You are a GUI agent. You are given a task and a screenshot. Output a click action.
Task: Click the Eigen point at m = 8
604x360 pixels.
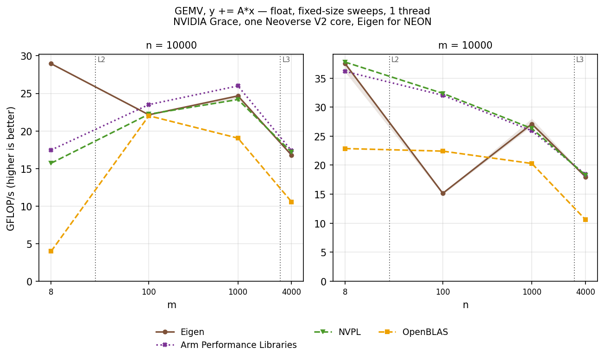(x=51, y=63)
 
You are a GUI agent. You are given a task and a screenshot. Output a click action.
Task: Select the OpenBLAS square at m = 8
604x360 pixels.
(x=51, y=251)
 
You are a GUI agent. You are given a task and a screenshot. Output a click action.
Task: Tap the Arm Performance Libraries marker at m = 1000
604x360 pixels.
(x=238, y=86)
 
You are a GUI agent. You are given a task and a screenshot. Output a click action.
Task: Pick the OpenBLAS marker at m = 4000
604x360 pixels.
(x=291, y=202)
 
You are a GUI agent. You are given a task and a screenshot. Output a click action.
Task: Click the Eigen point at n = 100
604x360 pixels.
(x=443, y=193)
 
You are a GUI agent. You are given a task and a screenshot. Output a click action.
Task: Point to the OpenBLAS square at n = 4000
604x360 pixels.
(x=585, y=220)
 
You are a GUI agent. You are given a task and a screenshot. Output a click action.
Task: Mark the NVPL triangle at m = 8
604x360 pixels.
(x=51, y=163)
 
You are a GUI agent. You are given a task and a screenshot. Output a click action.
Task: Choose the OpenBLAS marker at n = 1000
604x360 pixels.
(x=532, y=164)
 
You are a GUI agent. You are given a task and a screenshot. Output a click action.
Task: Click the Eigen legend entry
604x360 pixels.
(x=180, y=332)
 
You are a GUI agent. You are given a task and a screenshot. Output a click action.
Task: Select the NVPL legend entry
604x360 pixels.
(x=337, y=332)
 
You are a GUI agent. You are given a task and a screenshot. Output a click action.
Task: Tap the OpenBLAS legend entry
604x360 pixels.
(x=413, y=332)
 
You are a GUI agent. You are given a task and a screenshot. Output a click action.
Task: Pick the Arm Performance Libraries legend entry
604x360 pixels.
(x=226, y=345)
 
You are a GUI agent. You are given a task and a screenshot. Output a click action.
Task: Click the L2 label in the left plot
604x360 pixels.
(x=101, y=60)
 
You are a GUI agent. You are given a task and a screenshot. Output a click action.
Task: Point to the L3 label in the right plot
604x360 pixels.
(x=580, y=60)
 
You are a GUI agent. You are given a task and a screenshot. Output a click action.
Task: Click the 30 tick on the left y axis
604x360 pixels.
(x=26, y=56)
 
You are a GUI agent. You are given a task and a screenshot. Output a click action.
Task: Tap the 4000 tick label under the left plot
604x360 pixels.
(x=291, y=292)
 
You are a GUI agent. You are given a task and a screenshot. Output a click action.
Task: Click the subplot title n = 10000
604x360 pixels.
(x=171, y=45)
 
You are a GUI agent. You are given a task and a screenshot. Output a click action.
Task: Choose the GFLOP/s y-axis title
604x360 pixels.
(x=11, y=169)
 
